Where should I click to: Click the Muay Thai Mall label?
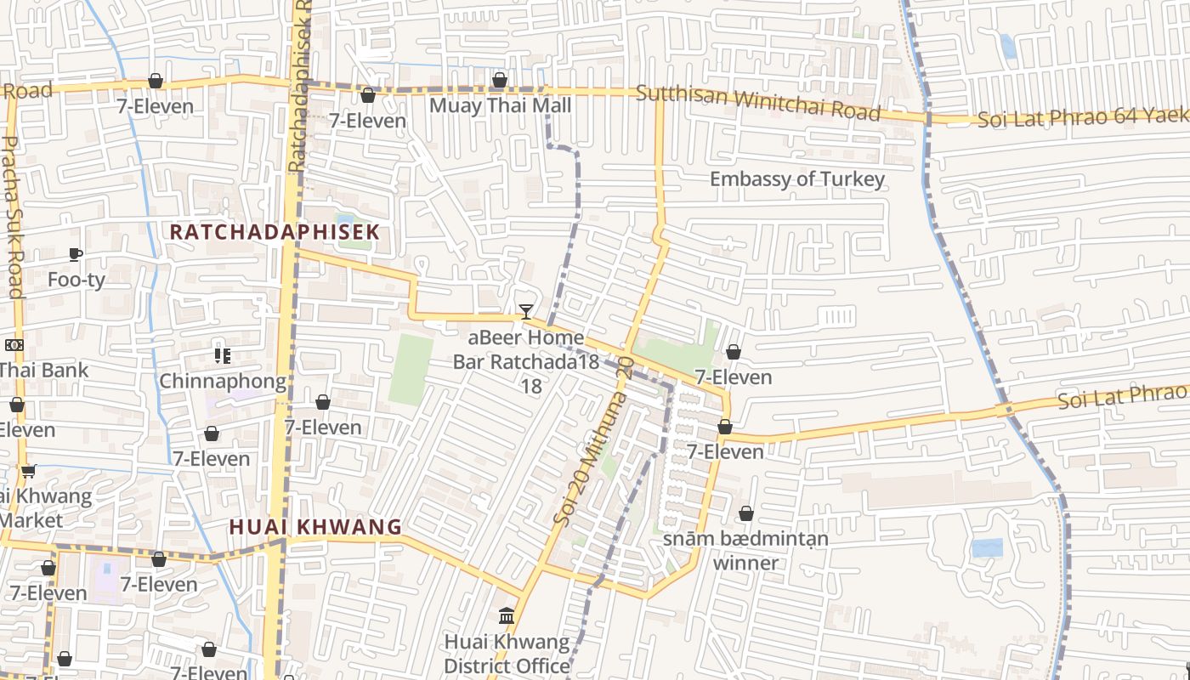(x=500, y=105)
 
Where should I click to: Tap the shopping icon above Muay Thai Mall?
(x=500, y=81)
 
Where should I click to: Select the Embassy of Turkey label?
(x=796, y=179)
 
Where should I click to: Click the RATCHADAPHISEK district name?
(x=274, y=231)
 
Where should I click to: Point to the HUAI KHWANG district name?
(x=315, y=527)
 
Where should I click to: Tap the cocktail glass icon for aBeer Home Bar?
(x=526, y=312)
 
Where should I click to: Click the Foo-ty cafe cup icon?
(x=76, y=254)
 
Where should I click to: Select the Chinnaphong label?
(x=223, y=381)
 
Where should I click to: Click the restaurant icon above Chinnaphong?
(x=223, y=355)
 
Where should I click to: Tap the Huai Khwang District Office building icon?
(x=507, y=615)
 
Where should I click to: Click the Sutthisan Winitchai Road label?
(x=757, y=103)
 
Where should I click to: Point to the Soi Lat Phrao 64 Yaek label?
(x=1082, y=117)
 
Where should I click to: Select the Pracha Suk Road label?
(x=13, y=217)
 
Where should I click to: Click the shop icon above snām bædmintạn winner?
(x=745, y=513)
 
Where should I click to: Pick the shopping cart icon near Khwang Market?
(x=28, y=470)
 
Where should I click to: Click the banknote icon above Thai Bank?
(x=14, y=345)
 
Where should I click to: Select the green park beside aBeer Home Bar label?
(x=411, y=369)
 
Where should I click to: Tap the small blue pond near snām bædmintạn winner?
(x=987, y=547)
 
